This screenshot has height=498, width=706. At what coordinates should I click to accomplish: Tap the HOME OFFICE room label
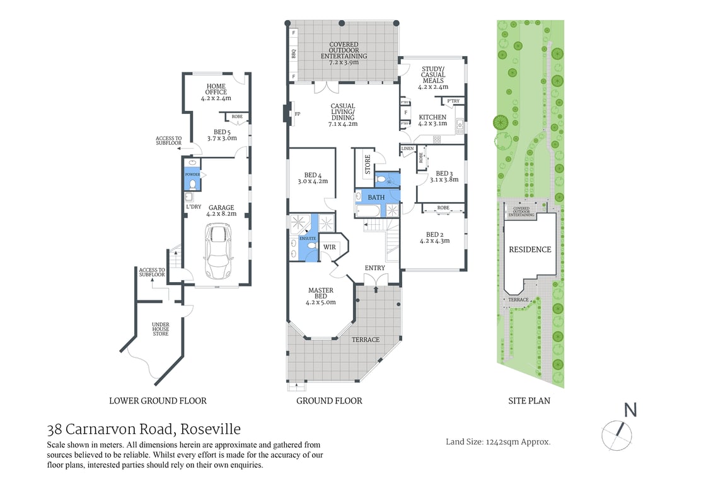coord(216,92)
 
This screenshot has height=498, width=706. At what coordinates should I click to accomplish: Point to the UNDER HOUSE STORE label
coord(161,329)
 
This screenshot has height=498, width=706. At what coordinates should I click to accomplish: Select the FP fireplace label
coord(298,114)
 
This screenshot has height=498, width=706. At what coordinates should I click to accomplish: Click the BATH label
coord(376,198)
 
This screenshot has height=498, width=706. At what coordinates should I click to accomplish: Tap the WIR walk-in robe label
coord(329,247)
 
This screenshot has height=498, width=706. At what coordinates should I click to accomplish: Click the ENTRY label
coord(375,268)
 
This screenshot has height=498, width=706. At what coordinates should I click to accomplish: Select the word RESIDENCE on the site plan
coord(529,249)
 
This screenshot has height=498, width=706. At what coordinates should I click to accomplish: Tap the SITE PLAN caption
coord(529,400)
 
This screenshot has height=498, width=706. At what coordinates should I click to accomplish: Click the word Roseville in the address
coord(211,429)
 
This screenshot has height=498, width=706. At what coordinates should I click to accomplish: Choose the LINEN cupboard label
coord(407,149)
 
